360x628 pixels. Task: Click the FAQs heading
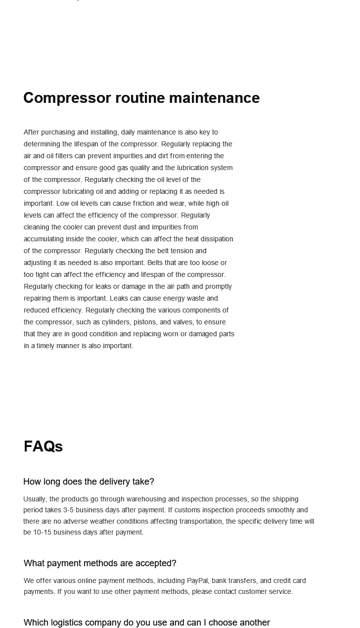click(x=43, y=447)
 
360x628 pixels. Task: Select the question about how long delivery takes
click(x=89, y=482)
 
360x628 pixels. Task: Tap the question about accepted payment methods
click(x=100, y=563)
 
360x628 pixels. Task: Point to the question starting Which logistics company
click(x=146, y=623)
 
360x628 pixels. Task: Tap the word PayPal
click(x=197, y=581)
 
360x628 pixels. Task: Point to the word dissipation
click(x=216, y=239)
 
